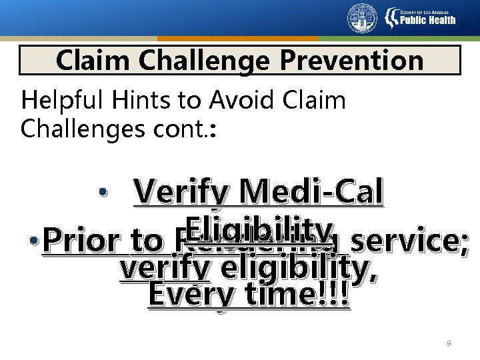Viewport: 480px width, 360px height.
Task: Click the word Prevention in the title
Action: coord(351,61)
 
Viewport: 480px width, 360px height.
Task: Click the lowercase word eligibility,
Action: coord(299,269)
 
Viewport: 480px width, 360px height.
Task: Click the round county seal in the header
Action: coord(362,18)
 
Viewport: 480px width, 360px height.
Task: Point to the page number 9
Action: coord(449,343)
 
